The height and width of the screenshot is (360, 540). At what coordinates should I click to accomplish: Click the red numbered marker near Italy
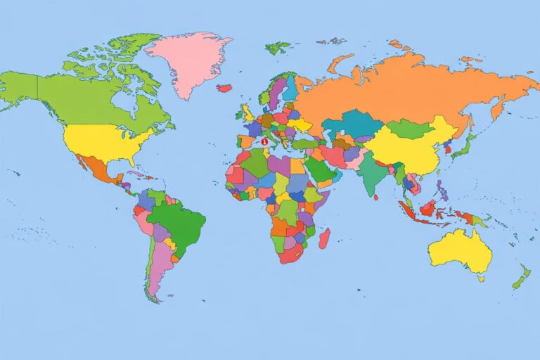(264, 141)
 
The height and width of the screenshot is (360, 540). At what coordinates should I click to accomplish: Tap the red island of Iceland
(224, 88)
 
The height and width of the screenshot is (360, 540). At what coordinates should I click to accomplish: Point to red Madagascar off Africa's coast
(324, 239)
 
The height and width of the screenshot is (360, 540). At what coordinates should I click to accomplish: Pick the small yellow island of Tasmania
(481, 278)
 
